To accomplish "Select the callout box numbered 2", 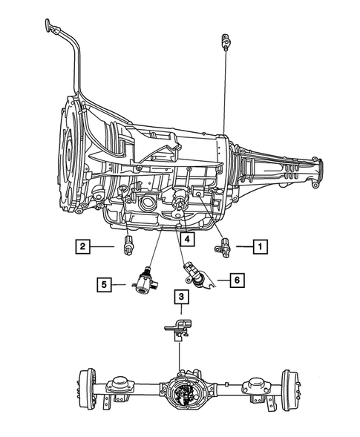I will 82,246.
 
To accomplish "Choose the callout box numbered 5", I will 104,283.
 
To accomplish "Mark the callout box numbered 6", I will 237,280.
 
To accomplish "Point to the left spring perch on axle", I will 120,384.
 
